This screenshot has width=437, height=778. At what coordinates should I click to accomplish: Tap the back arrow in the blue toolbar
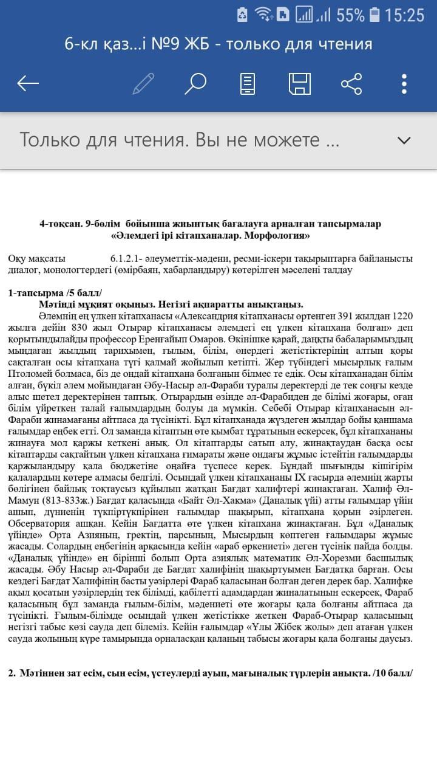(28, 83)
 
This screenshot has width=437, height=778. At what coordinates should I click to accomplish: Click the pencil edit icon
(143, 83)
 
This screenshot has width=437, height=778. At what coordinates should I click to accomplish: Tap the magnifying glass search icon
(195, 83)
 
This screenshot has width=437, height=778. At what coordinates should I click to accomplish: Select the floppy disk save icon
(300, 83)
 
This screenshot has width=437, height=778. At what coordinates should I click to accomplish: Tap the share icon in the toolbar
(351, 83)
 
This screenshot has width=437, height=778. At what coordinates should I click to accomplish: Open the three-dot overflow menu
(404, 83)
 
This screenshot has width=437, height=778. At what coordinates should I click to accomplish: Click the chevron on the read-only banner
(404, 140)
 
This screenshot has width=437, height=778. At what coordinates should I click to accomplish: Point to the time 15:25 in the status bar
(404, 15)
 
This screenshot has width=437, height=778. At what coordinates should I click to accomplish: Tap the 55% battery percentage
(350, 15)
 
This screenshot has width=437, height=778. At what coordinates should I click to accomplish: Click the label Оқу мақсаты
(37, 258)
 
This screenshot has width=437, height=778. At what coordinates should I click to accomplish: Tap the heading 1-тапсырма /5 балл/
(55, 293)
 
